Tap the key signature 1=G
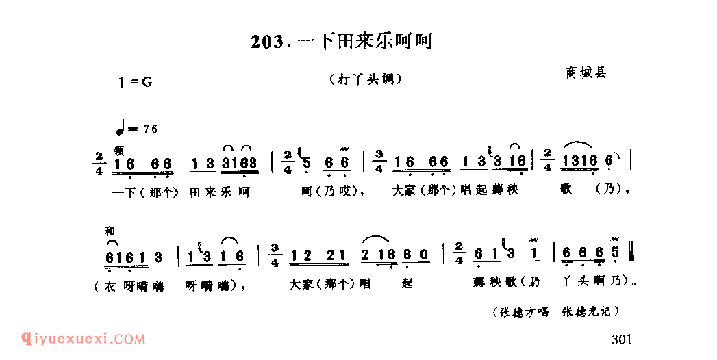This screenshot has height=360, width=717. tap(135, 82)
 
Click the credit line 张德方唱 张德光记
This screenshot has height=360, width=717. tap(555, 312)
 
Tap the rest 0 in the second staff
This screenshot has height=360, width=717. tap(425, 255)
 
